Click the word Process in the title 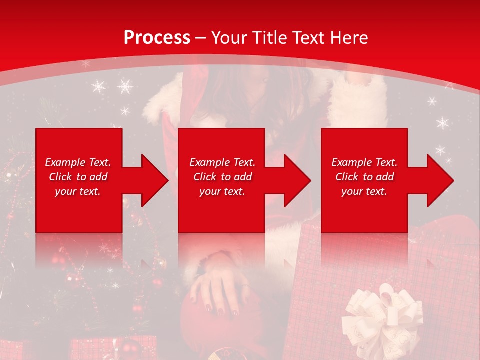pyautogui.click(x=157, y=38)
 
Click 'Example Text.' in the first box pyautogui.click(x=78, y=162)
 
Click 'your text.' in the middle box pyautogui.click(x=222, y=191)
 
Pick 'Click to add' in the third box pyautogui.click(x=364, y=177)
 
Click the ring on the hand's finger pyautogui.click(x=245, y=286)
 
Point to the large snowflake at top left pyautogui.click(x=125, y=86)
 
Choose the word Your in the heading pyautogui.click(x=229, y=38)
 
